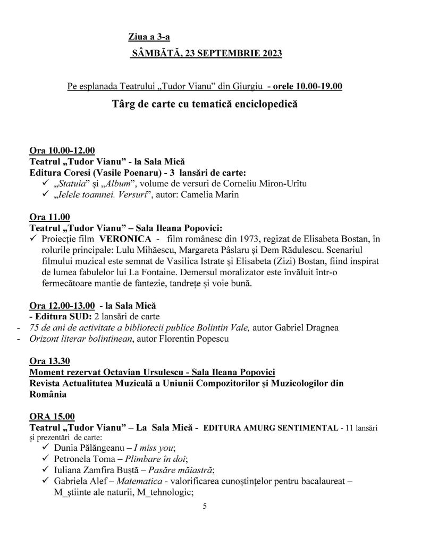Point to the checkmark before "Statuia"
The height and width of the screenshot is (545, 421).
point(45,184)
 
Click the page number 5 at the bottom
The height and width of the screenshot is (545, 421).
point(204,506)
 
